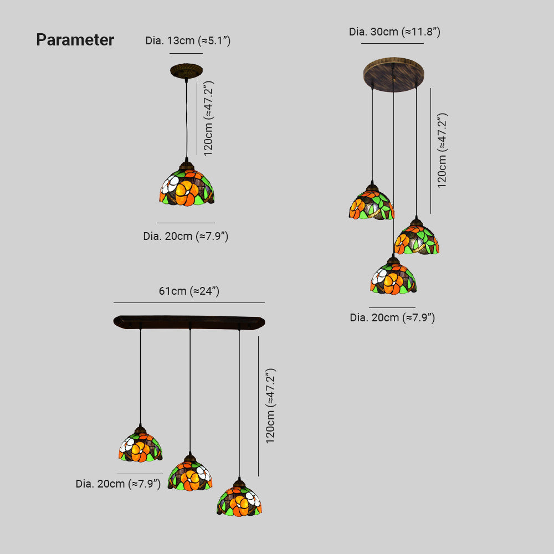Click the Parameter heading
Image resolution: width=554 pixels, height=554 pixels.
pyautogui.click(x=75, y=40)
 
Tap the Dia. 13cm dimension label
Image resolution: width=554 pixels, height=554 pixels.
pyautogui.click(x=188, y=40)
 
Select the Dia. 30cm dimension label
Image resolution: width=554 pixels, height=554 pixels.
pyautogui.click(x=394, y=32)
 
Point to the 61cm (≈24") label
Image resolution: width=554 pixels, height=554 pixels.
pyautogui.click(x=189, y=291)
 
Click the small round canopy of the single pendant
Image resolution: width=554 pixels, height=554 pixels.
pyautogui.click(x=186, y=71)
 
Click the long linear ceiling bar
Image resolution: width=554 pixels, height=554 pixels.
pyautogui.click(x=189, y=322)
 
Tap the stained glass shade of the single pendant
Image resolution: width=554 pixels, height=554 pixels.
pyautogui.click(x=187, y=186)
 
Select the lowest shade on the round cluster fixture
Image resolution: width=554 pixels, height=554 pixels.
pyautogui.click(x=393, y=277)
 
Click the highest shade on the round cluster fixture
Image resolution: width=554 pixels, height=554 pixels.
pyautogui.click(x=371, y=203)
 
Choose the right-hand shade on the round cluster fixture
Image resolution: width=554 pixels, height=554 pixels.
pyautogui.click(x=417, y=239)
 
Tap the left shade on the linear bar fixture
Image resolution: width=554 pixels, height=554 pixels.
pyautogui.click(x=141, y=445)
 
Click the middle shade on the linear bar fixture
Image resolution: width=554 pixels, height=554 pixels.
pyautogui.click(x=190, y=474)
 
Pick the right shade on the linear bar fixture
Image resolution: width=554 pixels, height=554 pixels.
pyautogui.click(x=239, y=500)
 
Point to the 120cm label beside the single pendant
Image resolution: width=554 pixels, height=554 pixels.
pyautogui.click(x=208, y=119)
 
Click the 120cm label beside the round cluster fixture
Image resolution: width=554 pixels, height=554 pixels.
pyautogui.click(x=442, y=151)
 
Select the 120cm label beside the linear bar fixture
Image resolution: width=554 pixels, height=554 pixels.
pyautogui.click(x=270, y=406)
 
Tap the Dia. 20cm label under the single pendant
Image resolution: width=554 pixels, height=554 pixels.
pyautogui.click(x=186, y=237)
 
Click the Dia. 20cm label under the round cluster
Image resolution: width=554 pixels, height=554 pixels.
pyautogui.click(x=392, y=318)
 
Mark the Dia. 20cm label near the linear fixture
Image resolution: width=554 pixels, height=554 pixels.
pyautogui.click(x=118, y=484)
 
